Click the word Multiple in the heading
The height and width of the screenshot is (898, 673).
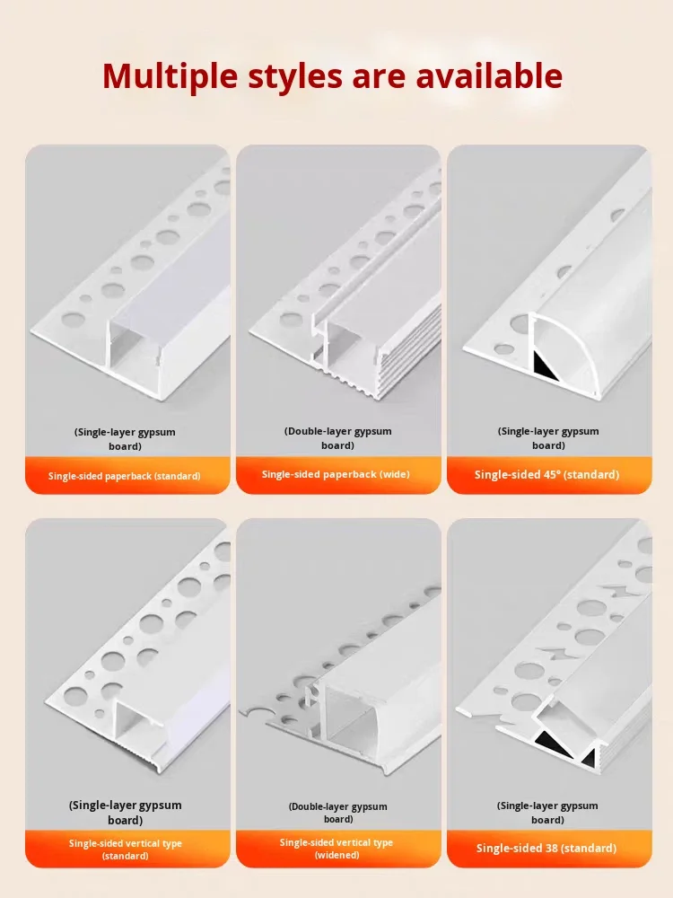point(171,75)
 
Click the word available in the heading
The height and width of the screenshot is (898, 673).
point(488,75)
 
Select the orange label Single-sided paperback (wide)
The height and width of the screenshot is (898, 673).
point(336,474)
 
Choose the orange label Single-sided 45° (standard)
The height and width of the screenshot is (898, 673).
point(546,474)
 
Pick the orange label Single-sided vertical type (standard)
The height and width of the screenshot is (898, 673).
point(125,850)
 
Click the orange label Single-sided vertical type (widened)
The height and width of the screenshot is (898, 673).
point(336,849)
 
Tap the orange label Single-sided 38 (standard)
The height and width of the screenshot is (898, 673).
point(546,849)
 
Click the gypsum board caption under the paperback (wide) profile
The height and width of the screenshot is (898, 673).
point(337,438)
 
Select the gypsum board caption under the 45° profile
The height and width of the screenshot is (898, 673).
point(547,438)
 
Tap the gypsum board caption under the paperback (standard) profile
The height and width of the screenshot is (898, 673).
point(125,439)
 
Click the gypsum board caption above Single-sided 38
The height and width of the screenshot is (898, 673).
point(547,813)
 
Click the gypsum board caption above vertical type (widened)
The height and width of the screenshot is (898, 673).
point(337,813)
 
